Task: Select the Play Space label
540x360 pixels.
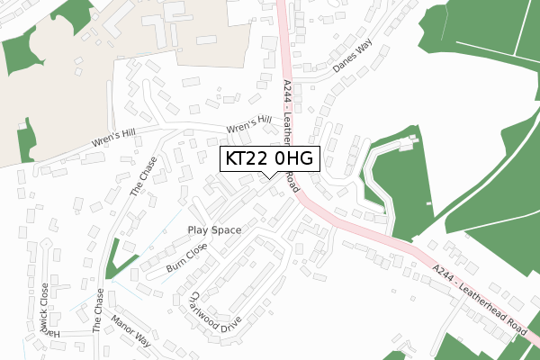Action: pos(214,230)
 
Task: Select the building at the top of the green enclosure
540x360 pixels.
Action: pos(409,143)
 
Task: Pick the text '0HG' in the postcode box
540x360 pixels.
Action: pos(294,159)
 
